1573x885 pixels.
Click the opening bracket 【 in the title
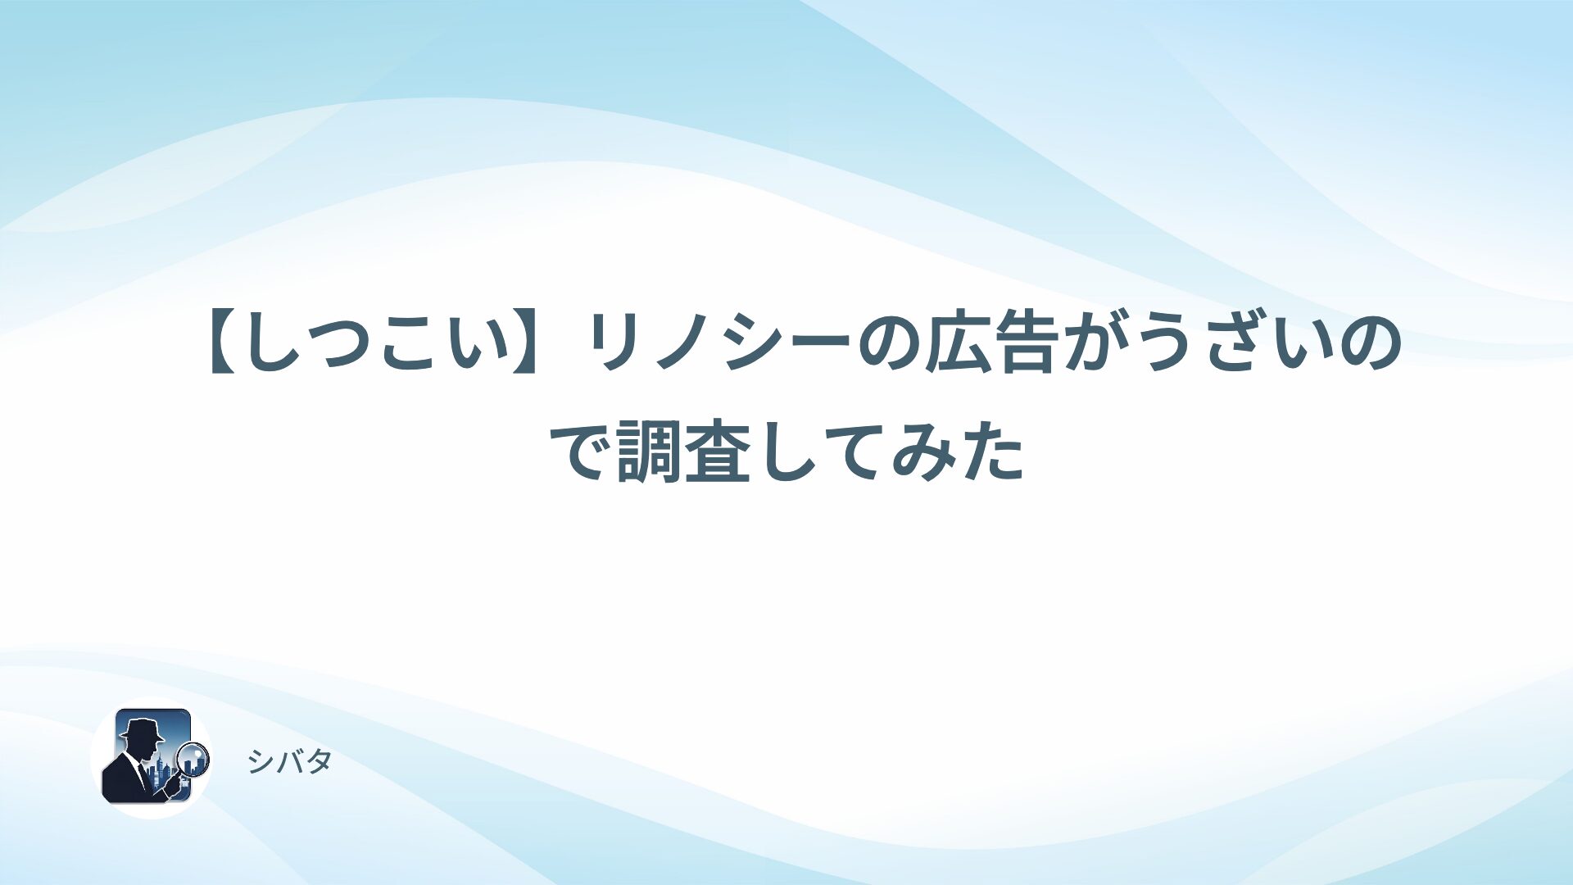(225, 345)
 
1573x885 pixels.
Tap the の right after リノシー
(888, 345)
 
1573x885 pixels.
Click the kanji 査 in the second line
(717, 452)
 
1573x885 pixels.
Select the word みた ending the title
(959, 452)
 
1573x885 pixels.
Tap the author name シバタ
(289, 762)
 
